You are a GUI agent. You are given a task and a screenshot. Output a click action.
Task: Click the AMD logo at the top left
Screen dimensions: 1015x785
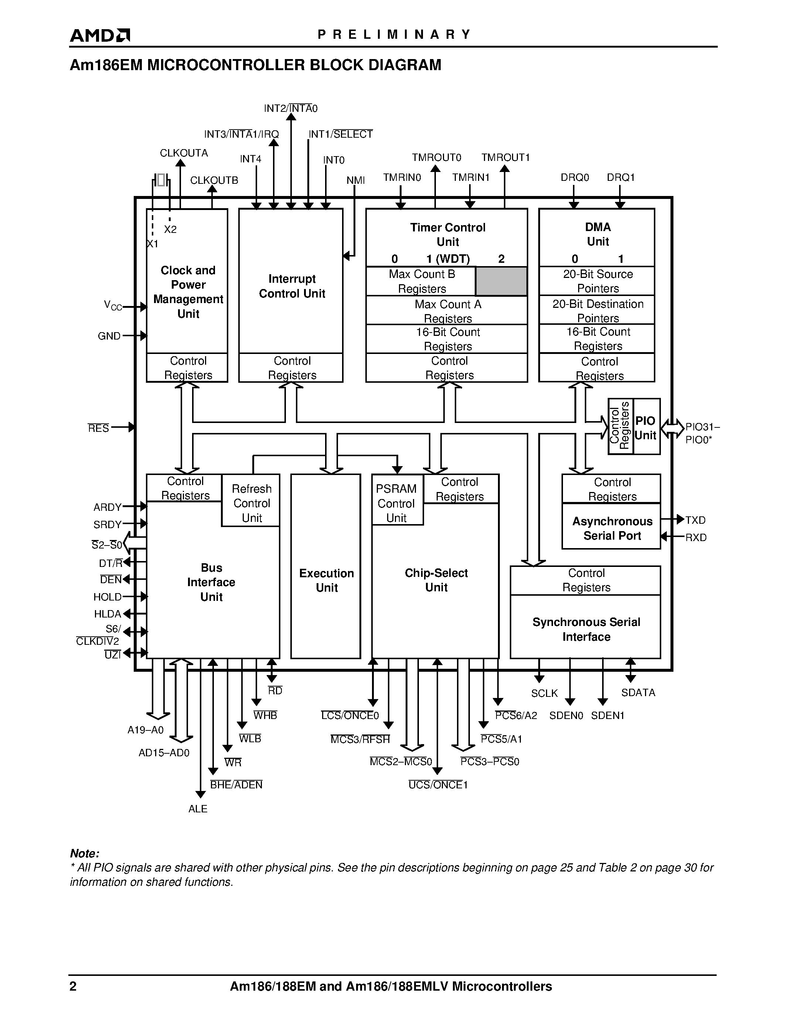(99, 35)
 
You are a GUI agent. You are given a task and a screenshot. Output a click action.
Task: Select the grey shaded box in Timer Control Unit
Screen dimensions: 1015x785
(501, 281)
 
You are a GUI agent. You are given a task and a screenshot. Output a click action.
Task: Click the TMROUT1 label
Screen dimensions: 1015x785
(505, 158)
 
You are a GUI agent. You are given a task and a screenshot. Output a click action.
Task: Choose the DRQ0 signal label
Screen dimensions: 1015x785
(575, 178)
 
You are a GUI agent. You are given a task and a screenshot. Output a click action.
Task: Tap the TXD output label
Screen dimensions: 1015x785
(695, 520)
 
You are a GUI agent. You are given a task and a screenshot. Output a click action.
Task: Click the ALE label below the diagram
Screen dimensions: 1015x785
(198, 809)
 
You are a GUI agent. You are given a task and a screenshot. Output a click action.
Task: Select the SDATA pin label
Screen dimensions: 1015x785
(638, 692)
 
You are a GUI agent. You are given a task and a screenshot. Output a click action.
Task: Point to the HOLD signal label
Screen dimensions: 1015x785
(107, 597)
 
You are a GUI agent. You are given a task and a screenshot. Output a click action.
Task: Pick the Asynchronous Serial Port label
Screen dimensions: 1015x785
(612, 529)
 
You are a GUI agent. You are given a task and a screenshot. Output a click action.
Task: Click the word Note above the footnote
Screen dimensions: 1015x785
(84, 853)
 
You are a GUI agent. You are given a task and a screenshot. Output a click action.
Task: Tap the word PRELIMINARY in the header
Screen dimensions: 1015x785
(394, 34)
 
